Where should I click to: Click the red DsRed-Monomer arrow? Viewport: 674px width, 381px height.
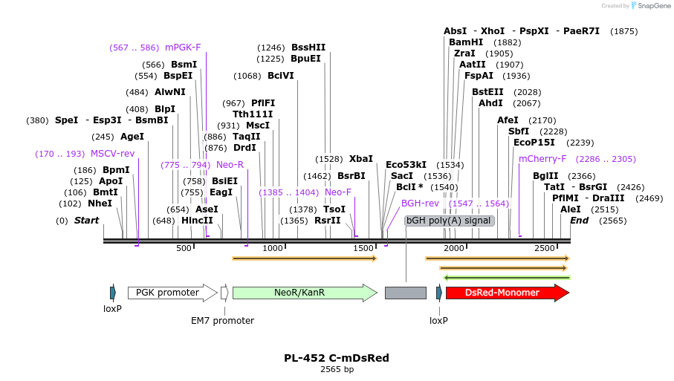click(x=507, y=293)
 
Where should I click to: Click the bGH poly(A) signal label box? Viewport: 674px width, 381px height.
click(x=449, y=221)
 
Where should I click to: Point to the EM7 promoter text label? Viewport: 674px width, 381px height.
click(x=222, y=321)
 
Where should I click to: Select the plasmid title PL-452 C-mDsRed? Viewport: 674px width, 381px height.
click(x=337, y=358)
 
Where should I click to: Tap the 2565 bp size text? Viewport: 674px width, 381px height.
click(x=337, y=369)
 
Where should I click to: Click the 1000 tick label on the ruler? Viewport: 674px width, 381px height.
click(x=273, y=248)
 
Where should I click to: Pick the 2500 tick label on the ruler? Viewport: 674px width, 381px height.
click(x=545, y=248)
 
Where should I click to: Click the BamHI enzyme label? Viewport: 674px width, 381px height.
click(x=466, y=42)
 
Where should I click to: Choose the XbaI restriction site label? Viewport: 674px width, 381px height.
click(x=361, y=159)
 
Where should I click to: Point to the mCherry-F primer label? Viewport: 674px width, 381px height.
click(x=542, y=159)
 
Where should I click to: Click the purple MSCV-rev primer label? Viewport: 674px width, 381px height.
click(x=113, y=154)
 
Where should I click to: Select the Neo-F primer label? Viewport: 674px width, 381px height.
click(x=338, y=192)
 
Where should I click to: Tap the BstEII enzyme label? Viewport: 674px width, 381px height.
click(x=487, y=91)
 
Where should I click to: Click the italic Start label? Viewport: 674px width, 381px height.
click(x=86, y=221)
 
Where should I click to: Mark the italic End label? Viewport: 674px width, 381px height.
click(x=579, y=221)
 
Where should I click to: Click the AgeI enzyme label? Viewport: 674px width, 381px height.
click(x=132, y=137)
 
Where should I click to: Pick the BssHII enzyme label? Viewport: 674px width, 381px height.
click(x=308, y=48)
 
